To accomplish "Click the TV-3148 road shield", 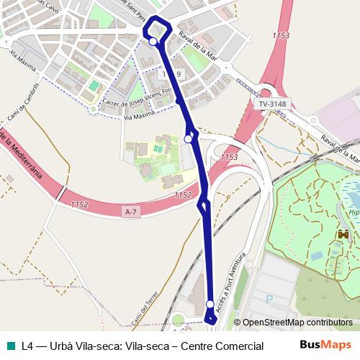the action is [x=272, y=104].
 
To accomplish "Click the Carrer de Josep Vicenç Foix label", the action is [x=141, y=97].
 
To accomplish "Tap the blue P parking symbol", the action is [x=269, y=298].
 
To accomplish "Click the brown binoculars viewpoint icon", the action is [x=343, y=235].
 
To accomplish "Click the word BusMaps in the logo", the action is [x=325, y=345].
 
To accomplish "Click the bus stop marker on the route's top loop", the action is [x=153, y=42].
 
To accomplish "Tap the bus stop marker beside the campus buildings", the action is [x=189, y=138].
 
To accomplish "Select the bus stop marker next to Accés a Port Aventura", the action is [x=210, y=304].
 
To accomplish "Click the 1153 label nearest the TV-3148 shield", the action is [x=282, y=35].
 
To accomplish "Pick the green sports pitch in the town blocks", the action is [x=94, y=86].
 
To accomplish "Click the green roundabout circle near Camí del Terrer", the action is [x=178, y=319].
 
